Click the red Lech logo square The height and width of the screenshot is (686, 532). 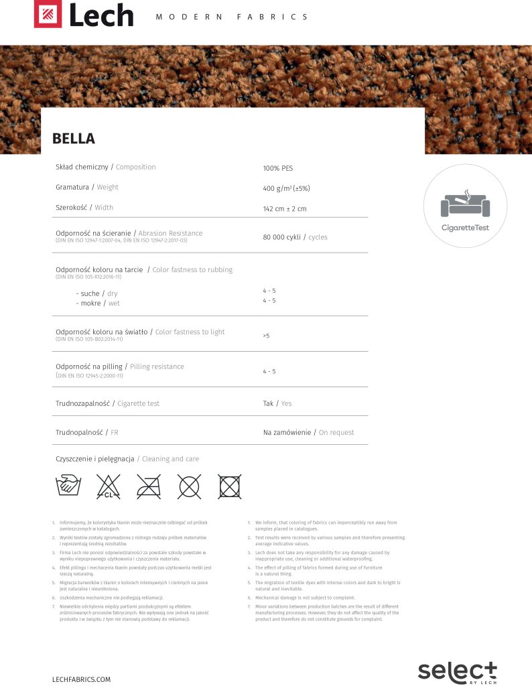(x=48, y=15)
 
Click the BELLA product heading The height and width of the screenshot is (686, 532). (x=74, y=139)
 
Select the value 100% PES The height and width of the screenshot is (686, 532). (x=278, y=168)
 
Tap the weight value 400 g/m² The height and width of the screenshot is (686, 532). (x=286, y=188)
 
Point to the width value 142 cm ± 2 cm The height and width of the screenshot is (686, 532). (x=285, y=209)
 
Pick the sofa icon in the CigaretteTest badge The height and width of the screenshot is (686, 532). (x=465, y=204)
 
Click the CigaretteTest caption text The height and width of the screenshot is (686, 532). (x=465, y=228)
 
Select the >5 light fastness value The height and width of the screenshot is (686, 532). (x=266, y=335)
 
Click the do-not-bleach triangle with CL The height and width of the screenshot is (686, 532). (x=108, y=486)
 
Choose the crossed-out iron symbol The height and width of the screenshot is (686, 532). (x=148, y=486)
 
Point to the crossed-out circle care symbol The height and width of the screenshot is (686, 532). (x=189, y=486)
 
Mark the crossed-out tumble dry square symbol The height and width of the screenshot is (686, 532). (x=229, y=486)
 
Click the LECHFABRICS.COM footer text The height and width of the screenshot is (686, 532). (x=81, y=679)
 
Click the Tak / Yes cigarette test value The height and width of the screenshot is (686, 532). (x=277, y=404)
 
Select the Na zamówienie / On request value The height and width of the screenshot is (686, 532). (x=308, y=433)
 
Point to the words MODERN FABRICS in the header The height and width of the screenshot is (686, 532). (x=232, y=17)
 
